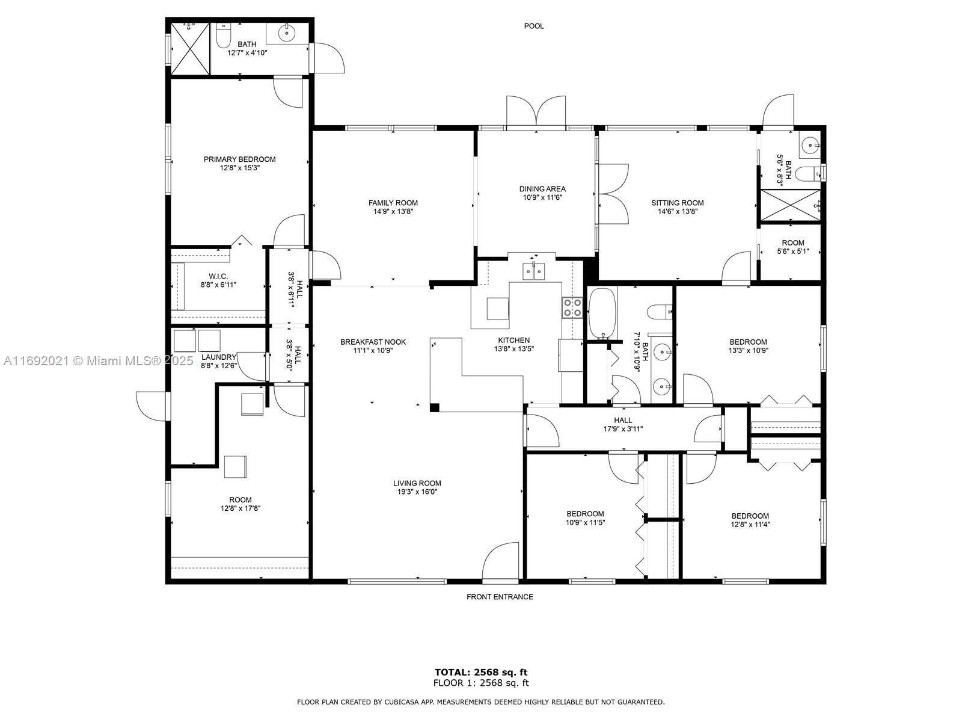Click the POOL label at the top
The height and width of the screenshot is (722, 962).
pyautogui.click(x=533, y=26)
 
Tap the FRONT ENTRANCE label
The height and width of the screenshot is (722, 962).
pyautogui.click(x=500, y=597)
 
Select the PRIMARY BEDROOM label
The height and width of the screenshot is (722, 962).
pyautogui.click(x=239, y=159)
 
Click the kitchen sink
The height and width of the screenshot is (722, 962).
pyautogui.click(x=533, y=271)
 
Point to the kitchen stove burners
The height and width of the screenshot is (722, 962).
pyautogui.click(x=572, y=307)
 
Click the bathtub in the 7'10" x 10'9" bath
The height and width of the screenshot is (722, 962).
pyautogui.click(x=602, y=313)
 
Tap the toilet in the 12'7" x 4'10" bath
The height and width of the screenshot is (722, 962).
pyautogui.click(x=223, y=35)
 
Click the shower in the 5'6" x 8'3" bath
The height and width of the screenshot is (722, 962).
pyautogui.click(x=790, y=206)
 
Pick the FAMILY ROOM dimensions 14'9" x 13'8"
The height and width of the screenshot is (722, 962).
pyautogui.click(x=393, y=211)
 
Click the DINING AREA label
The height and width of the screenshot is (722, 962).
pyautogui.click(x=542, y=189)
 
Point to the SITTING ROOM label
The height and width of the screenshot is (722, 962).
pyautogui.click(x=677, y=203)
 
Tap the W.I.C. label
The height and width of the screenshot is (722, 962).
pyautogui.click(x=218, y=276)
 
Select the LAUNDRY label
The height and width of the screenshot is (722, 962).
pyautogui.click(x=219, y=357)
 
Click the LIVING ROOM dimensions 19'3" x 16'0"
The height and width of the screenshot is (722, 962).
pyautogui.click(x=417, y=492)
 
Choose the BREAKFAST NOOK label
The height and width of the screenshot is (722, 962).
pyautogui.click(x=373, y=342)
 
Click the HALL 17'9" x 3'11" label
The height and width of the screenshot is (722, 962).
pyautogui.click(x=623, y=424)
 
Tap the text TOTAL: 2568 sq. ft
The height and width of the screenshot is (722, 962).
pyautogui.click(x=481, y=672)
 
